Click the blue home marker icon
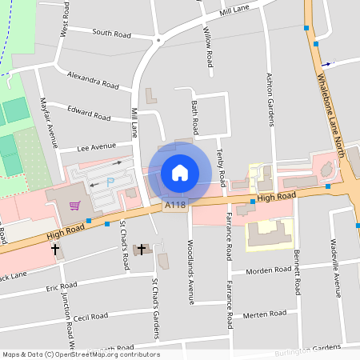tap(180, 173)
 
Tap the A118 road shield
tap(175, 206)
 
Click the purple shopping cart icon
tap(74, 206)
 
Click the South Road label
tap(111, 33)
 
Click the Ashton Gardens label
tap(270, 98)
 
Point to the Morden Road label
tap(269, 271)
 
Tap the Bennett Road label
tap(297, 270)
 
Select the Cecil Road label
tap(90, 317)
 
